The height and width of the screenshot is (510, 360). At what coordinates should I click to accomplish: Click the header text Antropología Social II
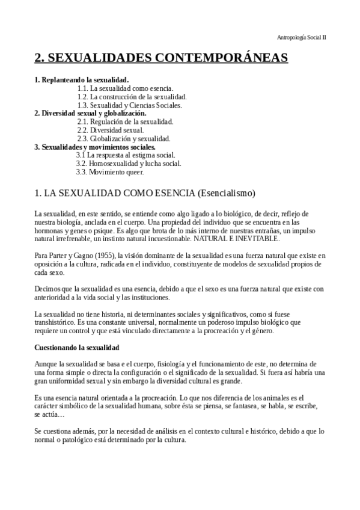(x=302, y=37)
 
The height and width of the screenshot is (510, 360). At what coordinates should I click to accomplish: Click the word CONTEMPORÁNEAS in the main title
(x=222, y=58)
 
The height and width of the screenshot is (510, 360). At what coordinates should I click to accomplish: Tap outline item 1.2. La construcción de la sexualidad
(x=132, y=96)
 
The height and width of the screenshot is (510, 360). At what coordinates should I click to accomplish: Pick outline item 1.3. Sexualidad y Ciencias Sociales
(x=129, y=105)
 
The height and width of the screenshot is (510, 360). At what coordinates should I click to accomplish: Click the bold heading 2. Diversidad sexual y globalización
(x=90, y=112)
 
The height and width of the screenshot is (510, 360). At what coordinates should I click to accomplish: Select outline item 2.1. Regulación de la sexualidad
(x=125, y=121)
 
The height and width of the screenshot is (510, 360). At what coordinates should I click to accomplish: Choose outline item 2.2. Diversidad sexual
(x=110, y=129)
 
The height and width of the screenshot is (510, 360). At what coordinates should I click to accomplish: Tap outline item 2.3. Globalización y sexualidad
(x=124, y=138)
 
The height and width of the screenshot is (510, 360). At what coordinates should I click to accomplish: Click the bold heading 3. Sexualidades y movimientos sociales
(x=95, y=146)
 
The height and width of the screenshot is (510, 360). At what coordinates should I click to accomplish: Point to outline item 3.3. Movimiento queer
(x=110, y=171)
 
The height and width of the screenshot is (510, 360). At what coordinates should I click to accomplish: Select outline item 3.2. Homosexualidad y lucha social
(x=129, y=163)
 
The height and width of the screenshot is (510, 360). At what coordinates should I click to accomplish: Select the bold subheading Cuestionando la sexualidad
(x=77, y=348)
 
